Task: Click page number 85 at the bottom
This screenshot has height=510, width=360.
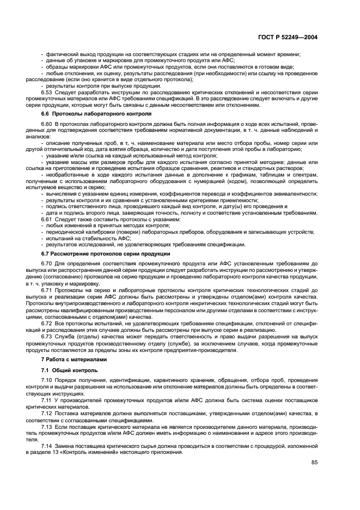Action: coord(314,463)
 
